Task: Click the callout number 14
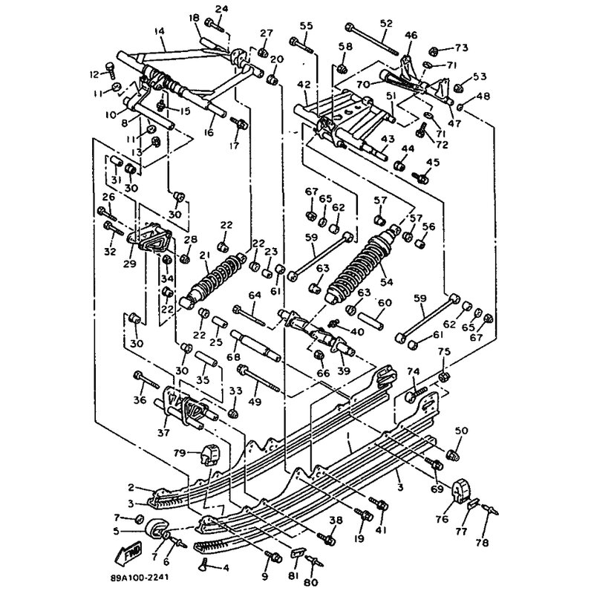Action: (159, 31)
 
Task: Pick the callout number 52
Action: (385, 24)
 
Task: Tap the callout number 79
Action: (179, 453)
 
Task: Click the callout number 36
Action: (138, 400)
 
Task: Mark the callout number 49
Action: (255, 402)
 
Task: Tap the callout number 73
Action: (462, 48)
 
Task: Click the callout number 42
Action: (304, 84)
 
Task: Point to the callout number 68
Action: (237, 358)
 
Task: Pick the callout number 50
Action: (461, 431)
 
